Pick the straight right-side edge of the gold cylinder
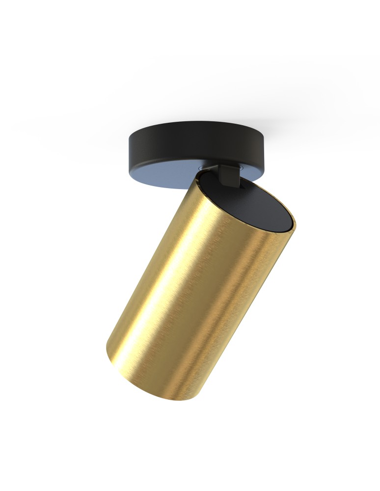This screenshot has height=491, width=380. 260,304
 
